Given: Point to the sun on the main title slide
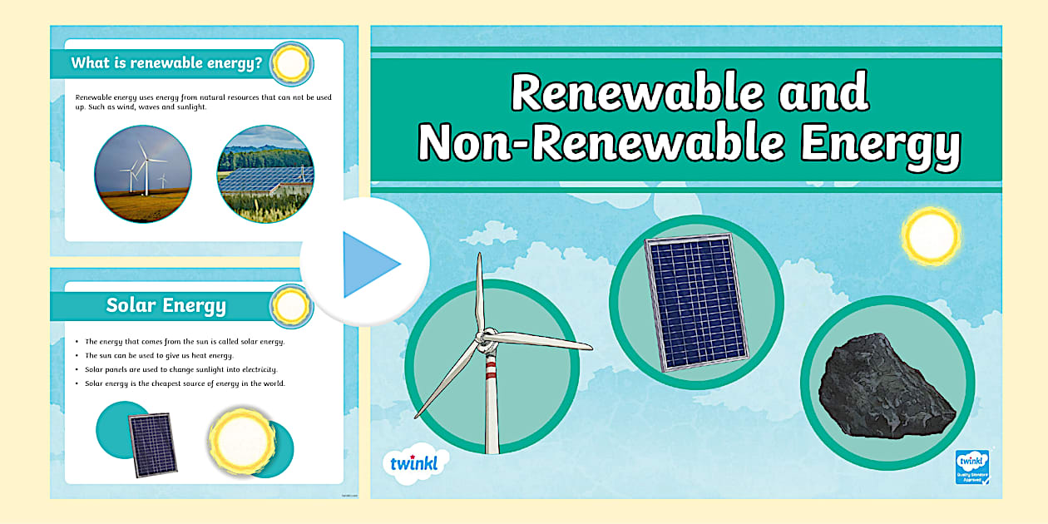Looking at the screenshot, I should [x=931, y=235].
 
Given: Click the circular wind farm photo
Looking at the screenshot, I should [x=143, y=174].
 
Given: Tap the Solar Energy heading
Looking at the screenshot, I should [x=166, y=305].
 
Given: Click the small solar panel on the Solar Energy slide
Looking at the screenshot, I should [x=152, y=444].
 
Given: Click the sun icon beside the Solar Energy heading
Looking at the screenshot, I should [x=292, y=305].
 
